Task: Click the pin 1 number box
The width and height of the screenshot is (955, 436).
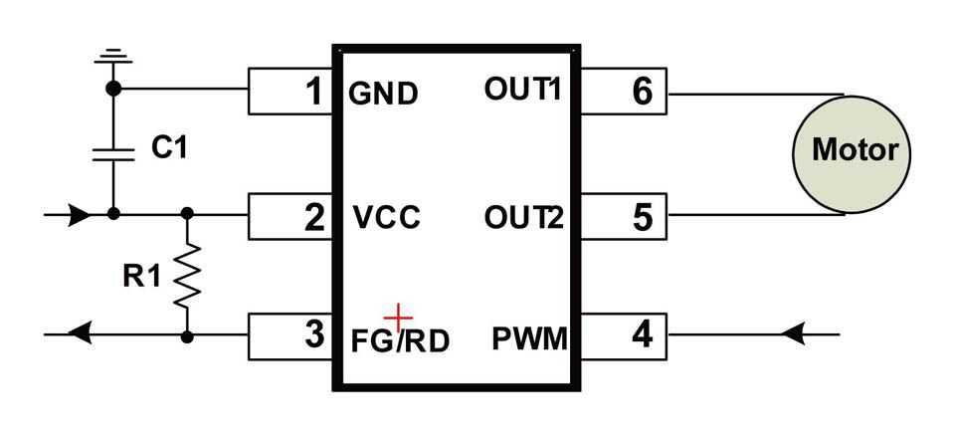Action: pos(289,92)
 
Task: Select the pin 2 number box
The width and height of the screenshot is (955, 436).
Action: pos(289,216)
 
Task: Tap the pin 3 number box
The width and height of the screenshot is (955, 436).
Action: pos(289,335)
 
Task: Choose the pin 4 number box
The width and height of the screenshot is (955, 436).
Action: pos(623,335)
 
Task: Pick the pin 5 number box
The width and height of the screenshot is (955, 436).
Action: pos(623,216)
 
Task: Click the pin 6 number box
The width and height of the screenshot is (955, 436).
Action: pos(623,92)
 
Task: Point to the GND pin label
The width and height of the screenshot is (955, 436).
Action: pos(383,95)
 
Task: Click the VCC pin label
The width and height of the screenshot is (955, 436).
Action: pos(387,218)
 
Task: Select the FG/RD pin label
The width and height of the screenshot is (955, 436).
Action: pos(400,339)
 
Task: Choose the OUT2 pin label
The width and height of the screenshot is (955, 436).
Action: pos(523,216)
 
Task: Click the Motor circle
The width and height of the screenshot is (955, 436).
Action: pos(855,152)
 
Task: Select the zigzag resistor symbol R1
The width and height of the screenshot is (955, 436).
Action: pos(187,276)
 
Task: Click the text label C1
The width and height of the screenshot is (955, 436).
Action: pos(169,149)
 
